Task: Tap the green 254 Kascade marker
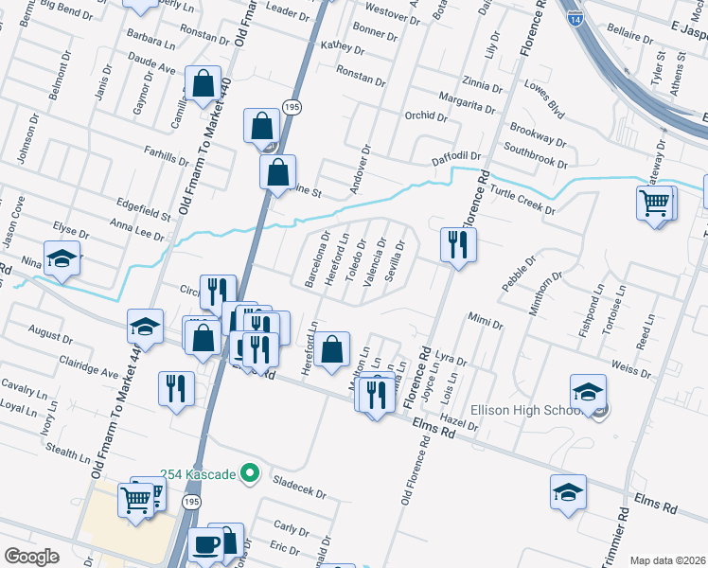(x=250, y=472)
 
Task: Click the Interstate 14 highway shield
(x=576, y=18)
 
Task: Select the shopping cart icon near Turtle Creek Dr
(x=655, y=203)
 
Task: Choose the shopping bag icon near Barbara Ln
(x=203, y=84)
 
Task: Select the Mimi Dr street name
(x=485, y=323)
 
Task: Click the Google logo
(x=31, y=557)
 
